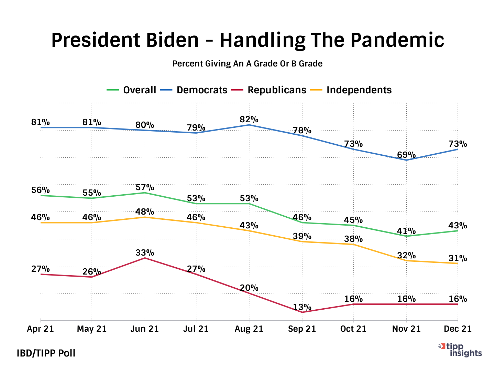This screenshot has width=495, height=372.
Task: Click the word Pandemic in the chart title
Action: click(x=397, y=40)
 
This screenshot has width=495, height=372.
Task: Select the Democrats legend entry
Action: click(x=202, y=90)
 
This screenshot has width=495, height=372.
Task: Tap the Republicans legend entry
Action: click(x=277, y=90)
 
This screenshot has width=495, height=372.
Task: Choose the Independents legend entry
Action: click(x=359, y=90)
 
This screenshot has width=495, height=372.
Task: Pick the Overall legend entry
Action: click(x=140, y=90)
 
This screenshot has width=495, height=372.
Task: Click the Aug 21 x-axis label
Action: click(x=249, y=329)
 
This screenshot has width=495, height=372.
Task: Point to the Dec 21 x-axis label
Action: click(x=458, y=329)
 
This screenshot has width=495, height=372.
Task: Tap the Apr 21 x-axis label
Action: click(x=41, y=329)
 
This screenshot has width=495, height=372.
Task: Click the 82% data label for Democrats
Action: click(x=249, y=120)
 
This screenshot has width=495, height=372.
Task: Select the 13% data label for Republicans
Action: click(x=302, y=307)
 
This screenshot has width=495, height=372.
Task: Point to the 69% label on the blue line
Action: click(x=406, y=155)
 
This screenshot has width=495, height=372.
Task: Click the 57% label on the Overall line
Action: click(x=145, y=187)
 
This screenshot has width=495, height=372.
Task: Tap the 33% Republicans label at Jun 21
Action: click(x=145, y=253)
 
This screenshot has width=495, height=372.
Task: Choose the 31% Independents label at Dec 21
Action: click(x=458, y=258)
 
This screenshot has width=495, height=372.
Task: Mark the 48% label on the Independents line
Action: click(x=145, y=212)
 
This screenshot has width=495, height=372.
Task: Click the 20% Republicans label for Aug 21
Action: click(x=249, y=288)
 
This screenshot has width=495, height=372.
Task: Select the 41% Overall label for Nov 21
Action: click(x=406, y=231)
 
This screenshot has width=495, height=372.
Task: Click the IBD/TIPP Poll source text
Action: click(x=46, y=353)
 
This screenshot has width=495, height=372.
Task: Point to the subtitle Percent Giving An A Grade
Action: click(x=247, y=64)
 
